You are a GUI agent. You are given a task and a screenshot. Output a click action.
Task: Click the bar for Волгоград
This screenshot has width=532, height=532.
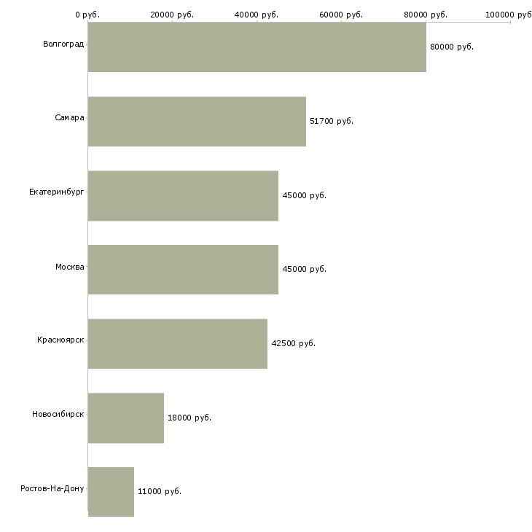click(x=257, y=47)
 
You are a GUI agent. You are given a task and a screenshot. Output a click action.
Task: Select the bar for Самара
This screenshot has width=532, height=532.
click(x=197, y=122)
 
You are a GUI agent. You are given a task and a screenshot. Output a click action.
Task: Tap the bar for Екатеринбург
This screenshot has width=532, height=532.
click(x=183, y=196)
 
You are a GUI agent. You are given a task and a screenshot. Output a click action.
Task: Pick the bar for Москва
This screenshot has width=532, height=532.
click(x=183, y=270)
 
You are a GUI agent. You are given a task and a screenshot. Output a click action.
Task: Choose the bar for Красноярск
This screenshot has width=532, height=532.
click(x=178, y=344)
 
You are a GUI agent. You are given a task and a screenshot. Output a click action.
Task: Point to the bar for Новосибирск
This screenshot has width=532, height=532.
click(x=126, y=418)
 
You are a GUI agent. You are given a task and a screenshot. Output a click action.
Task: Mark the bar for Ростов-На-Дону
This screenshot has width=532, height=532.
click(x=111, y=492)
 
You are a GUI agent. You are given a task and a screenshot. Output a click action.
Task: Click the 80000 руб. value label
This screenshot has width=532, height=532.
click(x=452, y=47)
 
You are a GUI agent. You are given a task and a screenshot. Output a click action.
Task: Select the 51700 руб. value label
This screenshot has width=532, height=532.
click(x=332, y=122)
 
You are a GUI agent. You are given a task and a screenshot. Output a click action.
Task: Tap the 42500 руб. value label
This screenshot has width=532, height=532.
click(x=293, y=344)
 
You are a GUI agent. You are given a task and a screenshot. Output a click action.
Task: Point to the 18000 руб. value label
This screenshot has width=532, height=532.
click(x=189, y=418)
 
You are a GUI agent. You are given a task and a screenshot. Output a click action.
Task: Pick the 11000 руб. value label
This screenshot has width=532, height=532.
click(x=160, y=492)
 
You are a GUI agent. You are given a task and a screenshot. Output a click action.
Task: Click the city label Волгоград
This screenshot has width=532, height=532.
click(x=63, y=44)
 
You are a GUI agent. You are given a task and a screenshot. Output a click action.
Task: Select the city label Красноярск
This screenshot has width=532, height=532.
click(x=60, y=340)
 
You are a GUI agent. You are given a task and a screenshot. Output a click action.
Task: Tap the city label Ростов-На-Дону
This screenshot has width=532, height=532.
click(x=52, y=488)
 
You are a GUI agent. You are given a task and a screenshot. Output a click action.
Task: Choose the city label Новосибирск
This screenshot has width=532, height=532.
click(x=58, y=415)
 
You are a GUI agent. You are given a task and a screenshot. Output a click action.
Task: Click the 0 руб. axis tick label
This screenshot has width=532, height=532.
click(x=87, y=15)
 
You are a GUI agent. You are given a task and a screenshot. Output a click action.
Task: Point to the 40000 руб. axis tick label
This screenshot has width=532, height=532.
click(x=257, y=15)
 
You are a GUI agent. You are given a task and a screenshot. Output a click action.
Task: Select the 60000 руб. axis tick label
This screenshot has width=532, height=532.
click(x=341, y=15)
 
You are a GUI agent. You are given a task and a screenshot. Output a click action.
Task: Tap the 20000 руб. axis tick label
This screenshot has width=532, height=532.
click(x=172, y=15)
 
